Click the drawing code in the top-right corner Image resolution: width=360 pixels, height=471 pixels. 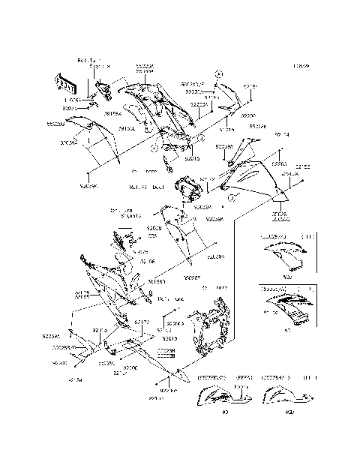(x=302, y=66)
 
